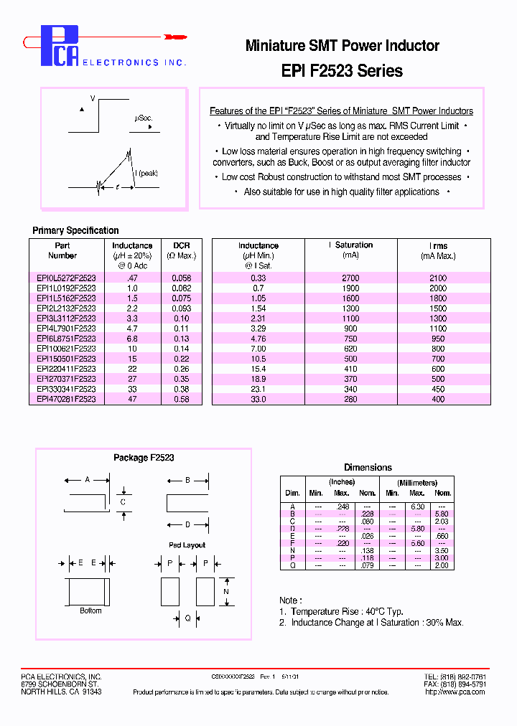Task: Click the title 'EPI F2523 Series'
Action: click(x=342, y=70)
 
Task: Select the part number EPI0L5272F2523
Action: click(x=66, y=278)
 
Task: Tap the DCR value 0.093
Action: click(x=181, y=308)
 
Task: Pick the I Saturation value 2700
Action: click(x=350, y=278)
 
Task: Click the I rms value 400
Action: click(x=437, y=399)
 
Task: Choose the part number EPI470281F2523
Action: click(x=66, y=399)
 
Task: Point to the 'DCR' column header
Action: click(x=181, y=245)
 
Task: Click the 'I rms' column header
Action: click(x=437, y=245)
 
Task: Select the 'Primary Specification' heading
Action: click(x=75, y=230)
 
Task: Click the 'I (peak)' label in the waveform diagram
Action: click(x=146, y=173)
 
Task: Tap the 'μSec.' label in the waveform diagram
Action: click(x=143, y=118)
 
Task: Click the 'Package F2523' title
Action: click(x=144, y=457)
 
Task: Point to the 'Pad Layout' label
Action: click(x=187, y=545)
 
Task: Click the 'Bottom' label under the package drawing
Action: click(x=90, y=610)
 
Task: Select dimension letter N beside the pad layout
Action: click(x=225, y=591)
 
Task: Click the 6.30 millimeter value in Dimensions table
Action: click(x=417, y=506)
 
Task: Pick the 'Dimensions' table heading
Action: click(x=368, y=467)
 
